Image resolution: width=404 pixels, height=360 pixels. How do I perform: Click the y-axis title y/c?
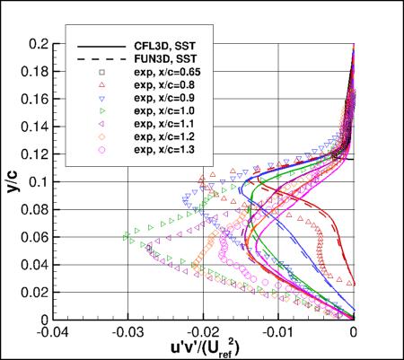click(x=12, y=182)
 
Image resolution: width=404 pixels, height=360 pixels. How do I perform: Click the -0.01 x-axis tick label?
click(x=278, y=329)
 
